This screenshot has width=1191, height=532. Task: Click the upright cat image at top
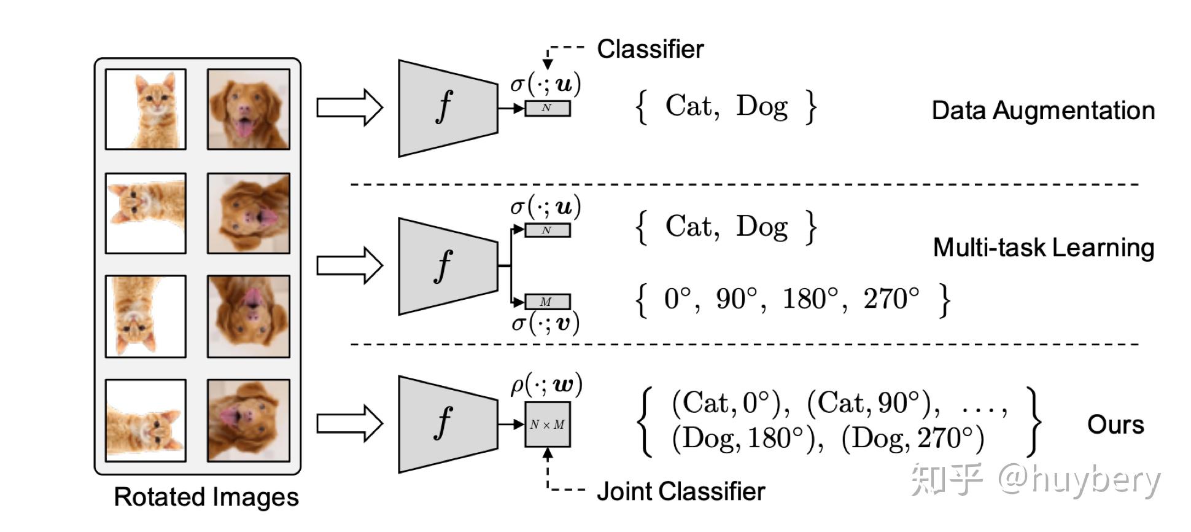click(145, 109)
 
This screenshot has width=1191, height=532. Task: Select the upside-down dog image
click(249, 316)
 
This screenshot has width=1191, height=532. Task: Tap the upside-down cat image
click(145, 316)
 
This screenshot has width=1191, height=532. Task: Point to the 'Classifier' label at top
click(650, 49)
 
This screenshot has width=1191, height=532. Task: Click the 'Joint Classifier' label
click(681, 491)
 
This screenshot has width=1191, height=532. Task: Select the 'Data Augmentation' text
click(1043, 111)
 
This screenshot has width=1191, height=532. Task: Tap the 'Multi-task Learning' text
click(1043, 248)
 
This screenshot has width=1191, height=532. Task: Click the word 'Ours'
click(1115, 424)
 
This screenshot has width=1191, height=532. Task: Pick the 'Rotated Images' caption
click(206, 497)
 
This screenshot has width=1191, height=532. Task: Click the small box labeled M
click(547, 302)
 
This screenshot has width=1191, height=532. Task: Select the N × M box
click(547, 424)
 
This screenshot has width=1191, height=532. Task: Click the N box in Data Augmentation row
click(547, 108)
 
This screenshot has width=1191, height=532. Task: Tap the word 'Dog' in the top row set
click(762, 106)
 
